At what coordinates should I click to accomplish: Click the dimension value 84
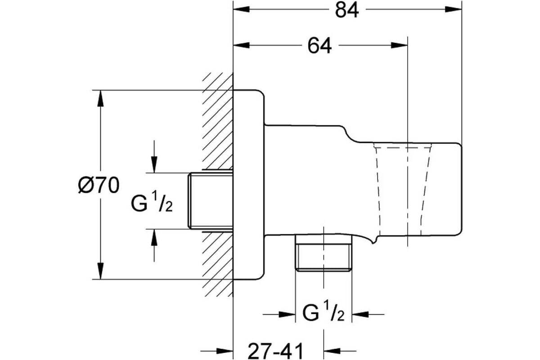(347, 11)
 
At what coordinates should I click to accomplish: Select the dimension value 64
(319, 46)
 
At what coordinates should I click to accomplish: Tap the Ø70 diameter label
(99, 185)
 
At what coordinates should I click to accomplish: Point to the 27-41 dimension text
(275, 351)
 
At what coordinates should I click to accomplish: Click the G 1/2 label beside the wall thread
(152, 203)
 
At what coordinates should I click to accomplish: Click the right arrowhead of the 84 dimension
(453, 9)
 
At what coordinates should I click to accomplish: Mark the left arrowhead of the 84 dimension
(242, 9)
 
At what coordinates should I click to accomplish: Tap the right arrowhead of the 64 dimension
(399, 45)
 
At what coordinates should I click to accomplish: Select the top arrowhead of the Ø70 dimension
(100, 98)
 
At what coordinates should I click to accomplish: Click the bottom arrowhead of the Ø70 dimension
(100, 271)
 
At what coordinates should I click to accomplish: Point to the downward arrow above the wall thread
(154, 157)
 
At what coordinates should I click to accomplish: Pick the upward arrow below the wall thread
(154, 245)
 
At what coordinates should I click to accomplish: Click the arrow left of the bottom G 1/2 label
(279, 315)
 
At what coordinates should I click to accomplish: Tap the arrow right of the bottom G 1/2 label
(368, 315)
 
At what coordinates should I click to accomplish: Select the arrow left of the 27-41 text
(217, 351)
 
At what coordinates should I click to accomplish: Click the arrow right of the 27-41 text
(340, 351)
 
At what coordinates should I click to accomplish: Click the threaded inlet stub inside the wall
(211, 201)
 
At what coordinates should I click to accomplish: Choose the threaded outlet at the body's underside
(324, 253)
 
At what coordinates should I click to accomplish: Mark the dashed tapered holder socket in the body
(402, 189)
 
